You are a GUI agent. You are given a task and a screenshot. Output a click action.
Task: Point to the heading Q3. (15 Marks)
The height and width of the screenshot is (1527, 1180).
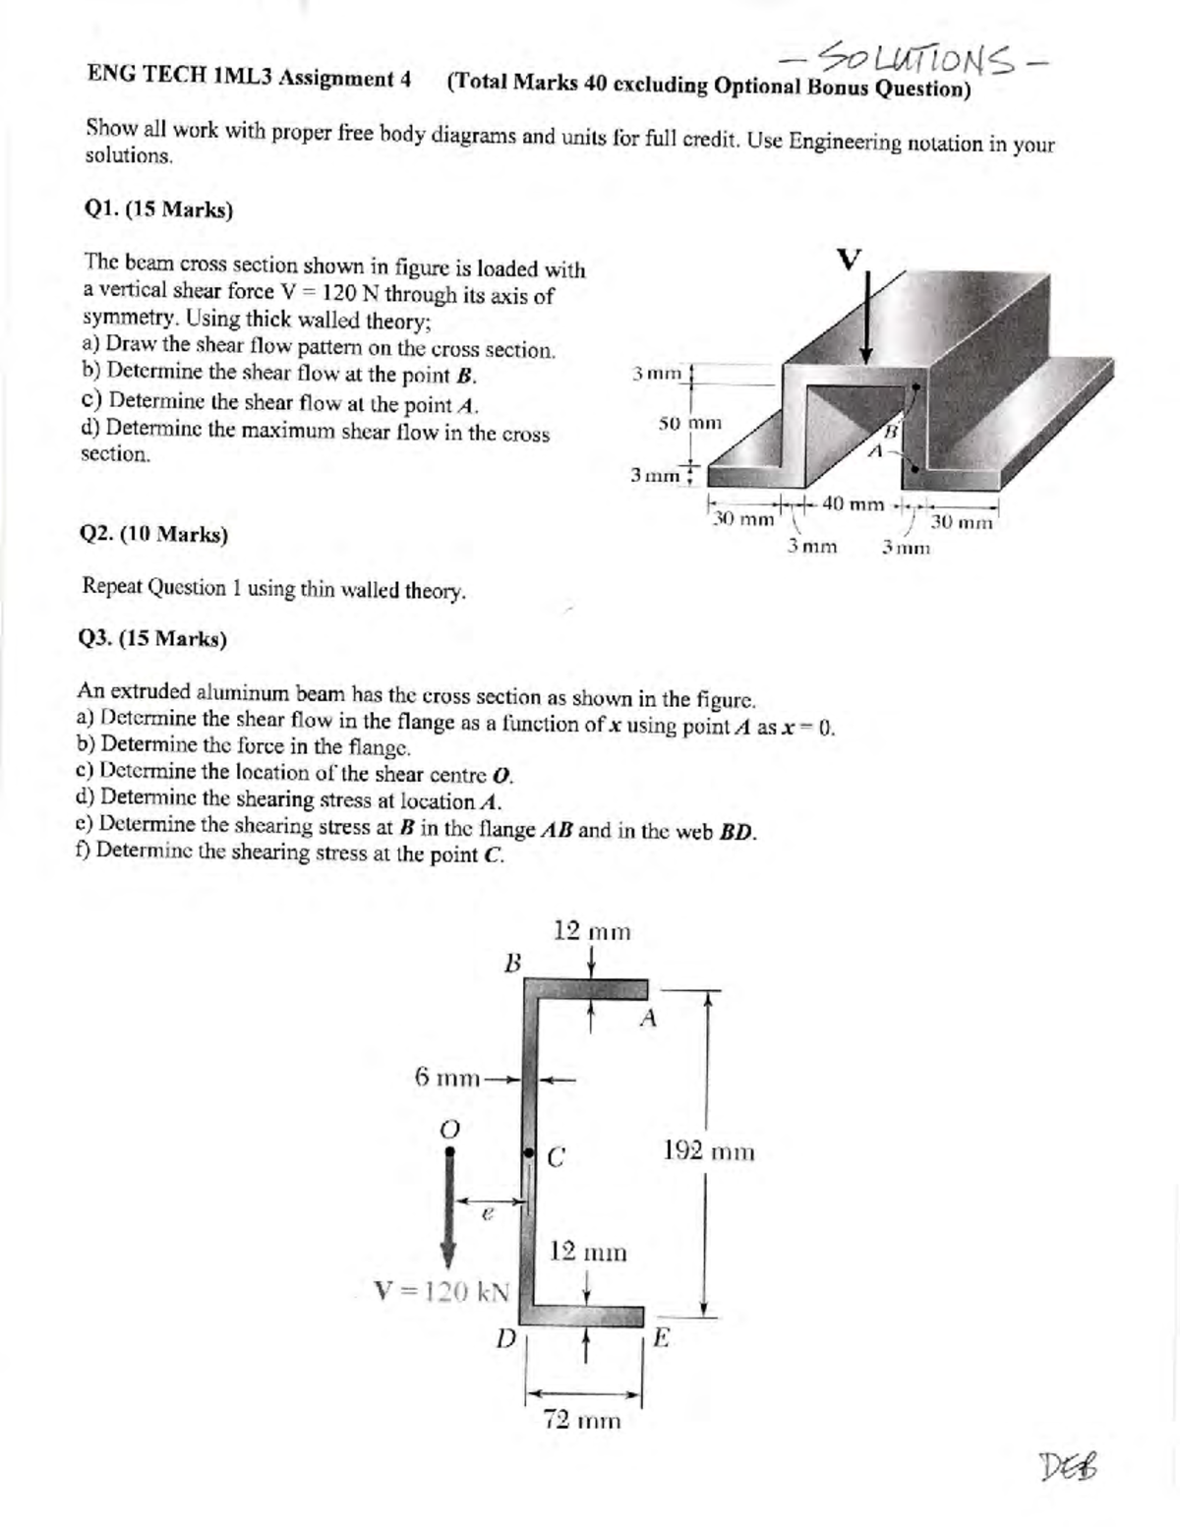(152, 639)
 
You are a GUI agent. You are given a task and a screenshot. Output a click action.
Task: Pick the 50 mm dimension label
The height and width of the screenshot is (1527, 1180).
(689, 423)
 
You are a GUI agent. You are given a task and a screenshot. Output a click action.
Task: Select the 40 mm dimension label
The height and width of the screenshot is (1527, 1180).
(853, 504)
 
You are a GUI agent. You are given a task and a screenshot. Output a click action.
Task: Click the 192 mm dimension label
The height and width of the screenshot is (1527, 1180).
(709, 1150)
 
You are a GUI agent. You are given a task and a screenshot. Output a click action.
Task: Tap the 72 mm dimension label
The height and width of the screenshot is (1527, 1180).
(583, 1420)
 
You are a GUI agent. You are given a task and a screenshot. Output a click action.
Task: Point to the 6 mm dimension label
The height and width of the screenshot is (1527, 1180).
(445, 1076)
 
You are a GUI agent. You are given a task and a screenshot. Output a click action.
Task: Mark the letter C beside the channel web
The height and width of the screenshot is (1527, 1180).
(555, 1158)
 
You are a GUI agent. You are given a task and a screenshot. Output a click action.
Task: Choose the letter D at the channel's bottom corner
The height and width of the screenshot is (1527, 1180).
(504, 1337)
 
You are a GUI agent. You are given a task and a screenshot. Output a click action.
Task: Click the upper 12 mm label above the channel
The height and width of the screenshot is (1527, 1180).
(591, 930)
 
